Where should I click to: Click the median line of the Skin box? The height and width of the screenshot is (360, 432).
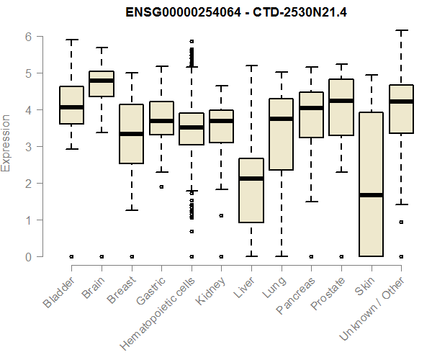point(371,195)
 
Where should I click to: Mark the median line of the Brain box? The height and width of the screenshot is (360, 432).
point(102,81)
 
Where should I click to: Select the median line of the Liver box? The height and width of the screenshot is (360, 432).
point(251,179)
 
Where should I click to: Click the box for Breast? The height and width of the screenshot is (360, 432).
point(131,144)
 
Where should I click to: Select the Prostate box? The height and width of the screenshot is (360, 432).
point(341,107)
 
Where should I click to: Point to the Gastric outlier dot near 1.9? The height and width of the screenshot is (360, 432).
point(161,187)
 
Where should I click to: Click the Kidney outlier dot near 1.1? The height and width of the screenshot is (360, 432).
point(221,215)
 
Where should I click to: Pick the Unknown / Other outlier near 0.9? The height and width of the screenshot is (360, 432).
point(401,222)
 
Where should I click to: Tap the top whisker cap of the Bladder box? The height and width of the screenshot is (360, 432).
point(71,40)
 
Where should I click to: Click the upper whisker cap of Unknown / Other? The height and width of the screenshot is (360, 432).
point(401,30)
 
